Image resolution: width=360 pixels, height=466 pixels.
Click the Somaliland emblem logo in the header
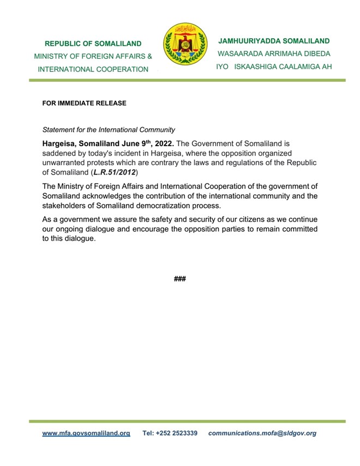tap(185, 44)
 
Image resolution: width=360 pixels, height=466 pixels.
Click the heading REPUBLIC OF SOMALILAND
tap(93, 44)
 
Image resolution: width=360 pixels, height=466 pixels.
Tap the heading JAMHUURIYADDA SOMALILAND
tap(274, 41)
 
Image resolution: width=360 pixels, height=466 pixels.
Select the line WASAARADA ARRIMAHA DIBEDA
tap(274, 54)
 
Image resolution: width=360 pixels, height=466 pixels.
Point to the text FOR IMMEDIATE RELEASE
tap(84, 103)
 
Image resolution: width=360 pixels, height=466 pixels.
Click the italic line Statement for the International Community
tap(109, 130)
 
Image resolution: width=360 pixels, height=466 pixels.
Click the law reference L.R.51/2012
tap(113, 172)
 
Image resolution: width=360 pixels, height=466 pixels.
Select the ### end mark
tap(180, 279)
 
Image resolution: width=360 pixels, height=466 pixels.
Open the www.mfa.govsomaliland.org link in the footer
tap(86, 433)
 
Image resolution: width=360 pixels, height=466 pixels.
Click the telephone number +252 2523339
tap(170, 433)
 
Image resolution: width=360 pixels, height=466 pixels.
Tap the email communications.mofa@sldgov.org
tap(262, 433)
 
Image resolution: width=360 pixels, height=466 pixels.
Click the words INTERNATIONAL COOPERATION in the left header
tap(93, 69)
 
